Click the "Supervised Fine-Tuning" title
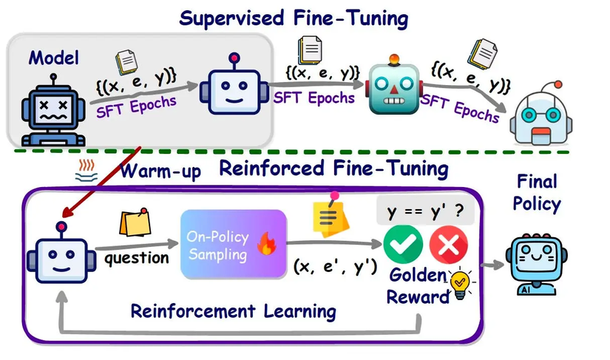(x=294, y=18)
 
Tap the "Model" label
(x=54, y=58)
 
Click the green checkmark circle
(x=403, y=245)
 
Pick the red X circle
(x=449, y=245)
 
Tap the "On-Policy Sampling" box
(x=234, y=244)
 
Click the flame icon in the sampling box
(x=266, y=243)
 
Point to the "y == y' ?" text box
(x=425, y=211)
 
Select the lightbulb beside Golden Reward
(x=461, y=283)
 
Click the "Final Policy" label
(x=537, y=192)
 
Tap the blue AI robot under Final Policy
(x=537, y=264)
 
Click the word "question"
(x=137, y=258)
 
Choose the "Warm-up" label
(x=160, y=171)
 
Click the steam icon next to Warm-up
(x=87, y=171)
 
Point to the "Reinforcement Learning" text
(x=234, y=311)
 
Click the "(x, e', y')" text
(x=335, y=266)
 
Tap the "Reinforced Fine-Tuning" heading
(x=333, y=169)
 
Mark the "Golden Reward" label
(x=418, y=286)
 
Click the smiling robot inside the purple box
(x=61, y=253)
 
